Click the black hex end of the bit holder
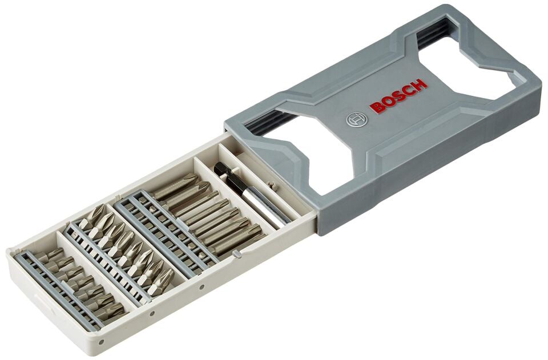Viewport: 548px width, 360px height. [x=220, y=169]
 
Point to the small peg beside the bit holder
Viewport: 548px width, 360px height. [x=273, y=185]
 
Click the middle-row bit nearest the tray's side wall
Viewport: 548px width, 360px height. [x=163, y=280]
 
